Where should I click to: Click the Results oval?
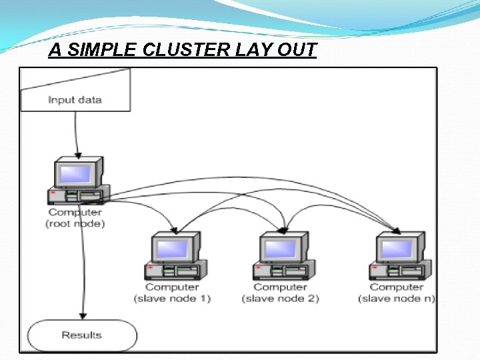pos(81,335)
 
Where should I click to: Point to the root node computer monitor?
pos(75,174)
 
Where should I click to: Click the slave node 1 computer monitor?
pos(173,249)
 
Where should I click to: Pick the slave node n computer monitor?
pos(397,249)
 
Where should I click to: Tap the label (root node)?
pos(75,224)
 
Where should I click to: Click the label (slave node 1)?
pos(173,299)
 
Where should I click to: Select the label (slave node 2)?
pos(281,299)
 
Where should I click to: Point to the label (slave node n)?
pos(397,299)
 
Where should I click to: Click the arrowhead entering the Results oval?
pos(83,315)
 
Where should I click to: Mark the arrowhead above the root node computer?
pos(79,153)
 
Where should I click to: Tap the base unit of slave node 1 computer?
pos(173,271)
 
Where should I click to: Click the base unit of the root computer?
pos(75,197)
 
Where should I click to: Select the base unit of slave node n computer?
pos(397,271)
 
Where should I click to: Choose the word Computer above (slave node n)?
pos(397,287)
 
